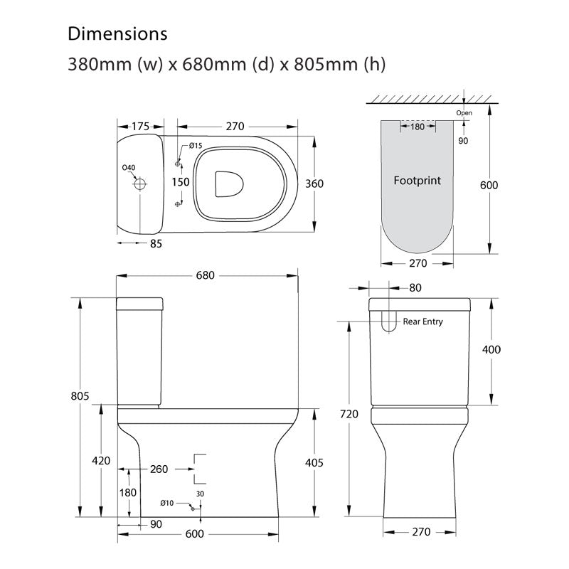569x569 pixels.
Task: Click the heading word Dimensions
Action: point(117,34)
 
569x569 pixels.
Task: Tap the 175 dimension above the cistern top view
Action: point(139,127)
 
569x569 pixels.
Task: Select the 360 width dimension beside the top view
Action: point(314,184)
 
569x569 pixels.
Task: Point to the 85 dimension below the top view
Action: point(156,243)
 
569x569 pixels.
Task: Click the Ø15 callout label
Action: point(196,146)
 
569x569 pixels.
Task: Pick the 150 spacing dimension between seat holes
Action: point(181,182)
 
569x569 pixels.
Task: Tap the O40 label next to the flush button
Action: point(128,168)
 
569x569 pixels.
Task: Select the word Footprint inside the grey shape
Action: point(418,181)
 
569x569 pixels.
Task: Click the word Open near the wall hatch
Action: point(464,112)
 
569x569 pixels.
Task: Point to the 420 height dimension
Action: point(101,461)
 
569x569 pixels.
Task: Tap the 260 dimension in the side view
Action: point(159,469)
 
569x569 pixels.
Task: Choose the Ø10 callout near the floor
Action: point(167,503)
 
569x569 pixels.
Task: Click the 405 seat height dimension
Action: point(314,463)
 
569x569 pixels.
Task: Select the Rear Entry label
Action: point(422,321)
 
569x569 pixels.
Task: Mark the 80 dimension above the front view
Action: point(416,288)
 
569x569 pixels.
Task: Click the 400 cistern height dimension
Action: point(491,349)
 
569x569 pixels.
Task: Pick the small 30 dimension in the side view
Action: point(201,494)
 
